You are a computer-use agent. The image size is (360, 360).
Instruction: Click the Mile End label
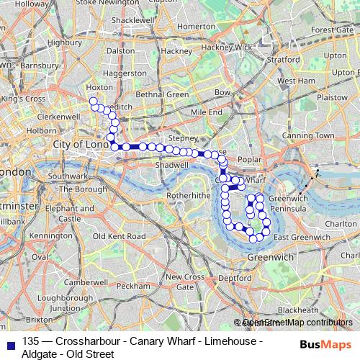[x=207, y=113]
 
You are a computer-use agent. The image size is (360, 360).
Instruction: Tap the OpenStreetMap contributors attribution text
[x=297, y=323]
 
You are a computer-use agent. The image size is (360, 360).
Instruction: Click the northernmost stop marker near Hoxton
[x=93, y=101]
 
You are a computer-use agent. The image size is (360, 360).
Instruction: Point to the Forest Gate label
[x=333, y=30]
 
